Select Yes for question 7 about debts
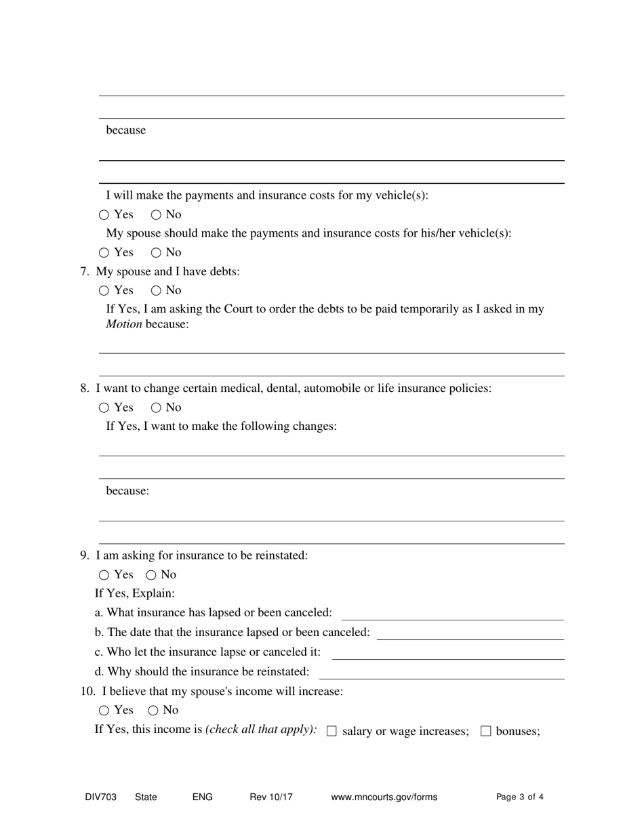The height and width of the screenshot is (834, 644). pyautogui.click(x=104, y=291)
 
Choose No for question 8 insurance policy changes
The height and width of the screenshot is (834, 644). pyautogui.click(x=156, y=408)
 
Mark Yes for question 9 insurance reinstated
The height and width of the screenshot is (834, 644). pyautogui.click(x=104, y=575)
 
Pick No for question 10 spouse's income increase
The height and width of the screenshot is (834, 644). pyautogui.click(x=153, y=711)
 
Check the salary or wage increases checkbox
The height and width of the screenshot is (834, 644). pyautogui.click(x=331, y=731)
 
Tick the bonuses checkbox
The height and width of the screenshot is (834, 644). pyautogui.click(x=485, y=731)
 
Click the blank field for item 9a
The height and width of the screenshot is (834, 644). pyautogui.click(x=452, y=614)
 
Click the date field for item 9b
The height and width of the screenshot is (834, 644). pyautogui.click(x=470, y=633)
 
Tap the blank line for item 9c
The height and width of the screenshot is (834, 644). pyautogui.click(x=447, y=653)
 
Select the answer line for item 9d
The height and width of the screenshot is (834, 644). pyautogui.click(x=441, y=673)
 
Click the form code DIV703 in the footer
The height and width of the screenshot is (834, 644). pyautogui.click(x=100, y=797)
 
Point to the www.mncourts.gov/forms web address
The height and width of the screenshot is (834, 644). pyautogui.click(x=384, y=797)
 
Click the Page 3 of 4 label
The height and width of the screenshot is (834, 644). pyautogui.click(x=519, y=797)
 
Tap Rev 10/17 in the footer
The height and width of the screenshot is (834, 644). pyautogui.click(x=271, y=797)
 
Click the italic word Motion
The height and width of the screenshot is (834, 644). pyautogui.click(x=124, y=324)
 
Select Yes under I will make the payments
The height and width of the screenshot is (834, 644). pyautogui.click(x=104, y=215)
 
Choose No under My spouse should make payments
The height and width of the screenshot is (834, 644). pyautogui.click(x=156, y=253)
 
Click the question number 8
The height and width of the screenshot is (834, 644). pyautogui.click(x=85, y=389)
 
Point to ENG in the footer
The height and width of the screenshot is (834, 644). pyautogui.click(x=202, y=797)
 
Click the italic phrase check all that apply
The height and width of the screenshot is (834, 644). pyautogui.click(x=261, y=730)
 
